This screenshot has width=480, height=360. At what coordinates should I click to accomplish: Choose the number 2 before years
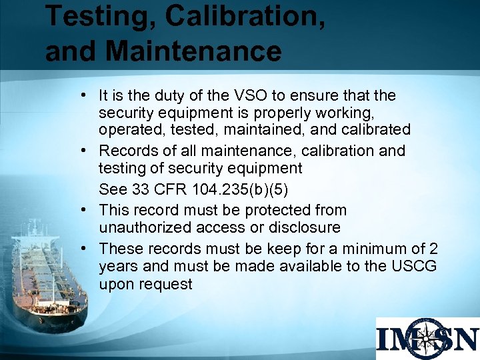[433, 249]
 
